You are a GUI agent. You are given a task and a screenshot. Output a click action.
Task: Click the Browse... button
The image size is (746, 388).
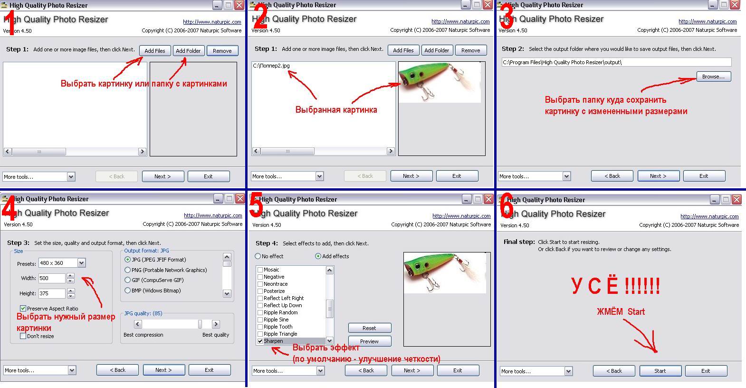point(714,77)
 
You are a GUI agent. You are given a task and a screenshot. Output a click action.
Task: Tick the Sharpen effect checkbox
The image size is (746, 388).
point(260,341)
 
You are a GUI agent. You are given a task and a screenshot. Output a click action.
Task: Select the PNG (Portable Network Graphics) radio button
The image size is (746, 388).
point(127,270)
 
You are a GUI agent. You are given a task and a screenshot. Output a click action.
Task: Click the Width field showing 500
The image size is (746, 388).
point(52,278)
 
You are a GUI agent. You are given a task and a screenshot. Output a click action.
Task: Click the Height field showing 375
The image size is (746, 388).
point(52,293)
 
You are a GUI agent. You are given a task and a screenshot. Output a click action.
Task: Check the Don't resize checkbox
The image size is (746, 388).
point(23,336)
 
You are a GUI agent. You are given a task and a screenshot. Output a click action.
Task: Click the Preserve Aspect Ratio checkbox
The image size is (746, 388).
point(23,308)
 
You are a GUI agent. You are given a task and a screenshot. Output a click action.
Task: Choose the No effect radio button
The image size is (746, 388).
point(258,256)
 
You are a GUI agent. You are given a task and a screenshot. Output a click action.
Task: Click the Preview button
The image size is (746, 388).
point(370,341)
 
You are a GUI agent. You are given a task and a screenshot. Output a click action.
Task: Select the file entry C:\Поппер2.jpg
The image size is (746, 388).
point(271,66)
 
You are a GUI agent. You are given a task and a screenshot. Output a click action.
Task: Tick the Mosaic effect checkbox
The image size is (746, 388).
point(260,270)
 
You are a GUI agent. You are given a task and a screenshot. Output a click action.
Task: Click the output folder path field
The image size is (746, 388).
point(616,62)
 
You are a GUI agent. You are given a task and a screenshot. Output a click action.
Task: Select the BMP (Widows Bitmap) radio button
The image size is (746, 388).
point(127,291)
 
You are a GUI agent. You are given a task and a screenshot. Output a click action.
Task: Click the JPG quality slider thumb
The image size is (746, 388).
point(200,324)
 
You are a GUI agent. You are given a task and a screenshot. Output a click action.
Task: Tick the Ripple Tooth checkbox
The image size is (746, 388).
point(260,327)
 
